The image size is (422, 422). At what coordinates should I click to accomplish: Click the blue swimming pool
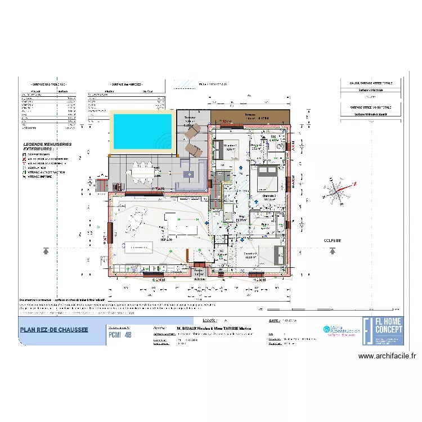(142, 131)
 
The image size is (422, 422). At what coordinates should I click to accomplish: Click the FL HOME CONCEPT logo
(383, 331)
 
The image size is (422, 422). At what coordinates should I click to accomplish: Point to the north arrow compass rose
(336, 192)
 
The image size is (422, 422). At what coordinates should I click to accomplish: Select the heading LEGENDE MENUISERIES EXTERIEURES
(47, 146)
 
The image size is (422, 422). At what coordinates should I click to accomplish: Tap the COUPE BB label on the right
(332, 240)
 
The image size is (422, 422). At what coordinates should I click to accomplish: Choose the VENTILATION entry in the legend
(37, 168)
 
